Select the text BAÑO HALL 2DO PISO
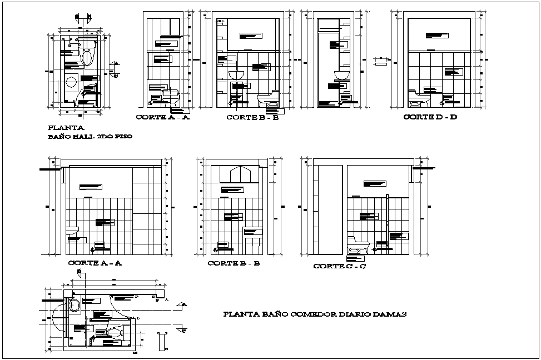pos(90,136)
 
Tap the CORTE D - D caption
pos(430,117)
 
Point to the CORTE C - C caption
pos(339,266)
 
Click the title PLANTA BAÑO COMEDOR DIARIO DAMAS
pos(314,314)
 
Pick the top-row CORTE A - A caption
pos(163,117)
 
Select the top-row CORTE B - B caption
pos(252,117)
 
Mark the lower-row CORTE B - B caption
pos(234,263)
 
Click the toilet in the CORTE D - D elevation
pos(419,99)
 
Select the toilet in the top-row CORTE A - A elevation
pos(171,98)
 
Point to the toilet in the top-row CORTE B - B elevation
pos(268,99)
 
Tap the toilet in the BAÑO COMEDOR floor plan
pos(115,333)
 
